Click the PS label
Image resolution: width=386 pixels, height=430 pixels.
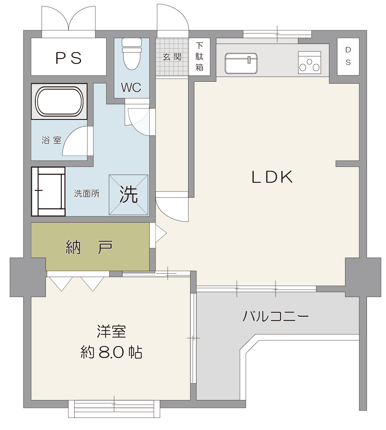68,58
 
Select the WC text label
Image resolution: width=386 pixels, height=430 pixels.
131,88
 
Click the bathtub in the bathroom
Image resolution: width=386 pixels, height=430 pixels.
59,102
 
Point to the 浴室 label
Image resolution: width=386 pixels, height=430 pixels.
51,140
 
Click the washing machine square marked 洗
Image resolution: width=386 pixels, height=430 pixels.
129,195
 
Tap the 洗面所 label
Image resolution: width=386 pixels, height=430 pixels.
87,193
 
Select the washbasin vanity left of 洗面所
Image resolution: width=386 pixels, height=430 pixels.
48,191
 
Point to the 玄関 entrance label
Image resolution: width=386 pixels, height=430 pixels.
172,57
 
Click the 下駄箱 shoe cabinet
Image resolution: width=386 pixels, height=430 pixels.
199,57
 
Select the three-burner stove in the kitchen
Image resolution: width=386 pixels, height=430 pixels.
309,63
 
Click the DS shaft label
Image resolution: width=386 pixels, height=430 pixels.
348,56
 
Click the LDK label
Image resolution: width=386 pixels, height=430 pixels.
272,177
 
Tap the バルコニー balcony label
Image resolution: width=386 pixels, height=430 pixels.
276,316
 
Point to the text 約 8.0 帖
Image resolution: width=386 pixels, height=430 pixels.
111,352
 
